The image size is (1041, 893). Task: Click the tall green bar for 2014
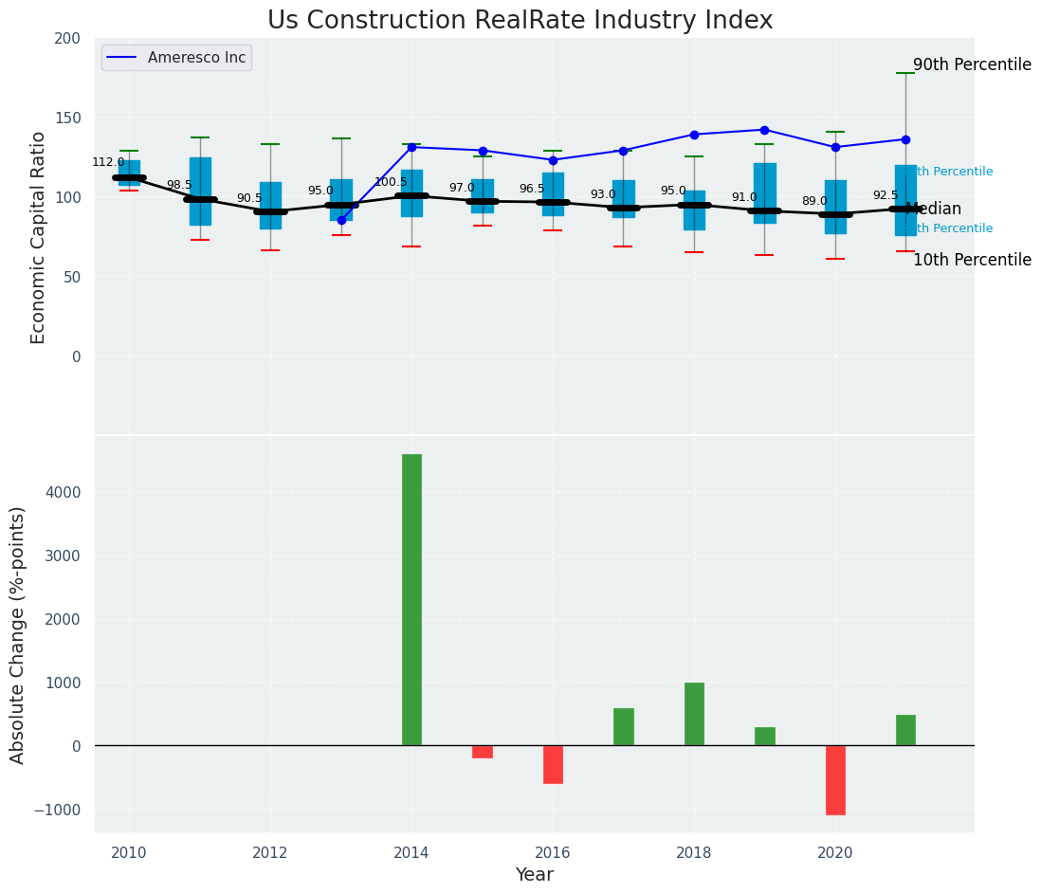[411, 599]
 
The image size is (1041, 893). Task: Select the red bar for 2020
[835, 779]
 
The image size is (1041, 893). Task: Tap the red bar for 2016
[553, 764]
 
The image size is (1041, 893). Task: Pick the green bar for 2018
[694, 714]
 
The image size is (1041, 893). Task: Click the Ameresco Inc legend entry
[176, 58]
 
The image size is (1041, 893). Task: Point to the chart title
[520, 21]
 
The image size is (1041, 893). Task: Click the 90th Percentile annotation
[972, 65]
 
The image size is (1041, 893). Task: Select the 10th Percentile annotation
[972, 260]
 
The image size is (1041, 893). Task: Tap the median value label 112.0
[108, 162]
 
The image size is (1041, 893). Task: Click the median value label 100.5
[391, 182]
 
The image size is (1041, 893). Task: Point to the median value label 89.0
[814, 201]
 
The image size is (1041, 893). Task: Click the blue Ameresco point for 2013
[341, 220]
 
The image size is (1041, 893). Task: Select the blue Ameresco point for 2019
[764, 130]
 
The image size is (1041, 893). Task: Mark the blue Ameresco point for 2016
[553, 160]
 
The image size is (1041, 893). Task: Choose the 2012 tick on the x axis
[270, 852]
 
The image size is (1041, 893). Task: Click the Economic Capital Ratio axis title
[39, 237]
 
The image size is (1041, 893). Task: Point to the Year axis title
[535, 875]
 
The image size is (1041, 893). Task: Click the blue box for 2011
[200, 191]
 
